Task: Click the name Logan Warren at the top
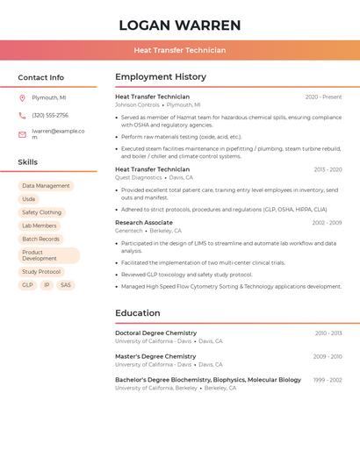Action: click(179, 25)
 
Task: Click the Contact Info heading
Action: click(41, 77)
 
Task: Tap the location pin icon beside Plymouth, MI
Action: click(22, 97)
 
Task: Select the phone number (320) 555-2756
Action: click(50, 115)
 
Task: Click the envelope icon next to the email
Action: click(22, 134)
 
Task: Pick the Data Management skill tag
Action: click(46, 186)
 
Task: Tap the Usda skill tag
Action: click(29, 199)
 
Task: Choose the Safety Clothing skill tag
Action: click(41, 212)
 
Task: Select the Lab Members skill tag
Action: click(39, 225)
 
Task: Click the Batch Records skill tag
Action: click(40, 239)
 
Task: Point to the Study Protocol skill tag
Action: click(41, 272)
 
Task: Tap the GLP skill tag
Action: click(27, 285)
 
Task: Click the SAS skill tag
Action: click(66, 285)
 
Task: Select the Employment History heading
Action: click(161, 77)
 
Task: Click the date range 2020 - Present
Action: click(323, 97)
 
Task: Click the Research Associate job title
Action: click(143, 223)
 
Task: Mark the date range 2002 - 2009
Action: click(327, 223)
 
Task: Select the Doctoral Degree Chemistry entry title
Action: click(155, 333)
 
